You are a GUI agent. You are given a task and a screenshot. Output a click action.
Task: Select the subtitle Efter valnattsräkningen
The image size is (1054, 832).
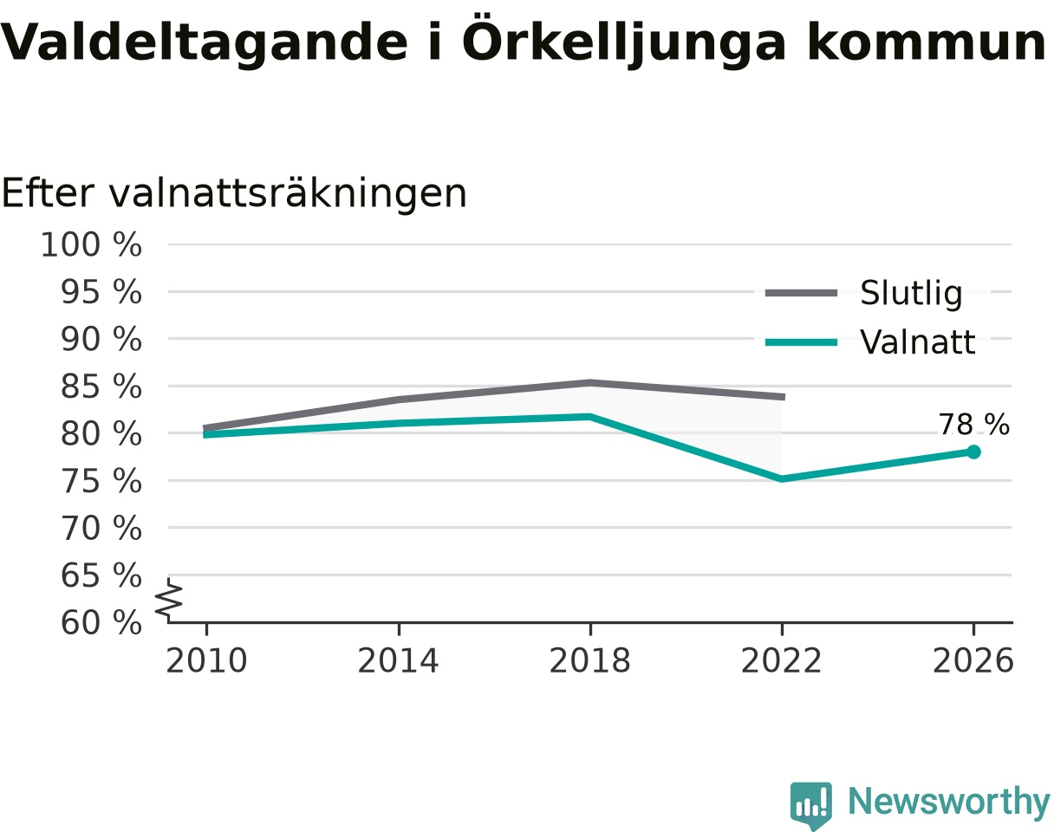point(234,194)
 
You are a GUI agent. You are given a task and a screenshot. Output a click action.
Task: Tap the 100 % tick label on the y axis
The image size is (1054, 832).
point(91,245)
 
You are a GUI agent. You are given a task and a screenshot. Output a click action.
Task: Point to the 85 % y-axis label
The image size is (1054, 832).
point(101,387)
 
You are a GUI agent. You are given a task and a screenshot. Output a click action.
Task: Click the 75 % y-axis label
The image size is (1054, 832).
point(101,481)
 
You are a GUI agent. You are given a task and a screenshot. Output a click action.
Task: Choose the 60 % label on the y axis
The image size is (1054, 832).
point(101,623)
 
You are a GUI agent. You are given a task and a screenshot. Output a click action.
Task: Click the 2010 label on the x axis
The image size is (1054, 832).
point(206,661)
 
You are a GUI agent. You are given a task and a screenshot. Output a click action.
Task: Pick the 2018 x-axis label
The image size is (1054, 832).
point(589,661)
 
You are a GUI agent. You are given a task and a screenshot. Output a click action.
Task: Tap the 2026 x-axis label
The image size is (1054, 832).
point(973,661)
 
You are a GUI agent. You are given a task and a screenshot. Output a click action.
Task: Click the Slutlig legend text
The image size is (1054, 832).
point(912,293)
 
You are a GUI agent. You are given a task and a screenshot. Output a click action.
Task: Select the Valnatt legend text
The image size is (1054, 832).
point(918,341)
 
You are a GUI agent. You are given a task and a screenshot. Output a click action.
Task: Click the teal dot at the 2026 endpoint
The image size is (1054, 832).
point(973,452)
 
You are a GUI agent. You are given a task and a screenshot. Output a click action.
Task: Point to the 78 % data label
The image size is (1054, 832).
point(973,424)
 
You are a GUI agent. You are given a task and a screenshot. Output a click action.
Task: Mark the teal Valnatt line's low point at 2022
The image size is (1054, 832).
point(782,479)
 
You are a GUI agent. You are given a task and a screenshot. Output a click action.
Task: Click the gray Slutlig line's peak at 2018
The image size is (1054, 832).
point(590,382)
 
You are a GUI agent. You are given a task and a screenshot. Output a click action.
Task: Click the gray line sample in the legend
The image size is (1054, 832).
point(801,293)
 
